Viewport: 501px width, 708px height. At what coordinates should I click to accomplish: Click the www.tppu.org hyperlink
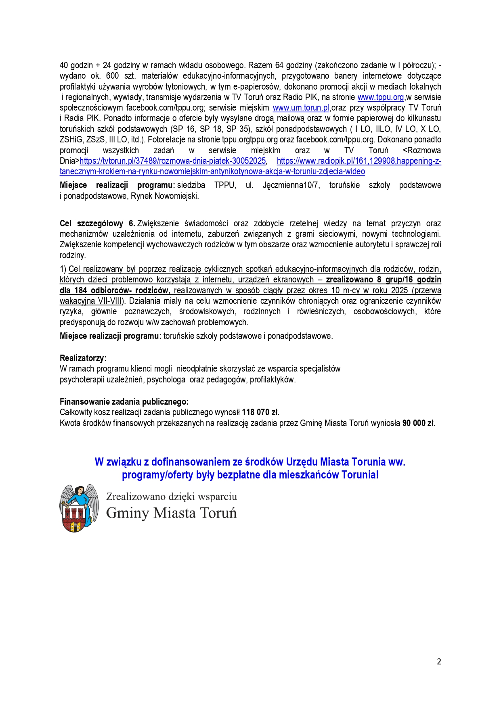pos(380,97)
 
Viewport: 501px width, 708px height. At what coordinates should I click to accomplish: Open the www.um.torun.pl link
pos(301,108)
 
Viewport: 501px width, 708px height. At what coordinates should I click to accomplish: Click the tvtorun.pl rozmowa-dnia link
pos(173,161)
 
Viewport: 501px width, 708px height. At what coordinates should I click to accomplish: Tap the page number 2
pos(439,662)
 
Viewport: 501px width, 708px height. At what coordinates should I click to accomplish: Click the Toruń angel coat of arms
pos(79,508)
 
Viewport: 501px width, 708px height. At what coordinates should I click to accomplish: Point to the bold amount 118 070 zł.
pos(260,412)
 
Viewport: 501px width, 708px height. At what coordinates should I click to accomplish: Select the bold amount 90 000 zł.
pos(419,423)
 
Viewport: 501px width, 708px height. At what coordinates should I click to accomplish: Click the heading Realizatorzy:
pos(83,358)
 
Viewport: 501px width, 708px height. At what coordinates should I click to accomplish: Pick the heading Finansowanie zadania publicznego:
pos(124,402)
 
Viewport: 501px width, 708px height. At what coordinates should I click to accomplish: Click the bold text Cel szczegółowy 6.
pos(97,223)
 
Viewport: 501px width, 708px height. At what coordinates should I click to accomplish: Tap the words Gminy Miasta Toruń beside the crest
pos(171,513)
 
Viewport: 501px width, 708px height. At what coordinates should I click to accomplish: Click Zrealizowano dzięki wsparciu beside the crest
pos(171,497)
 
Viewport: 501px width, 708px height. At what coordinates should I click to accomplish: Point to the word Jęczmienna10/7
pos(291,185)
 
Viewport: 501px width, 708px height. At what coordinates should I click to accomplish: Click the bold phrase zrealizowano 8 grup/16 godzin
pos(383,280)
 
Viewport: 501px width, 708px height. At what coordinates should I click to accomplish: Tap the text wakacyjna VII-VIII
pos(91,301)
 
